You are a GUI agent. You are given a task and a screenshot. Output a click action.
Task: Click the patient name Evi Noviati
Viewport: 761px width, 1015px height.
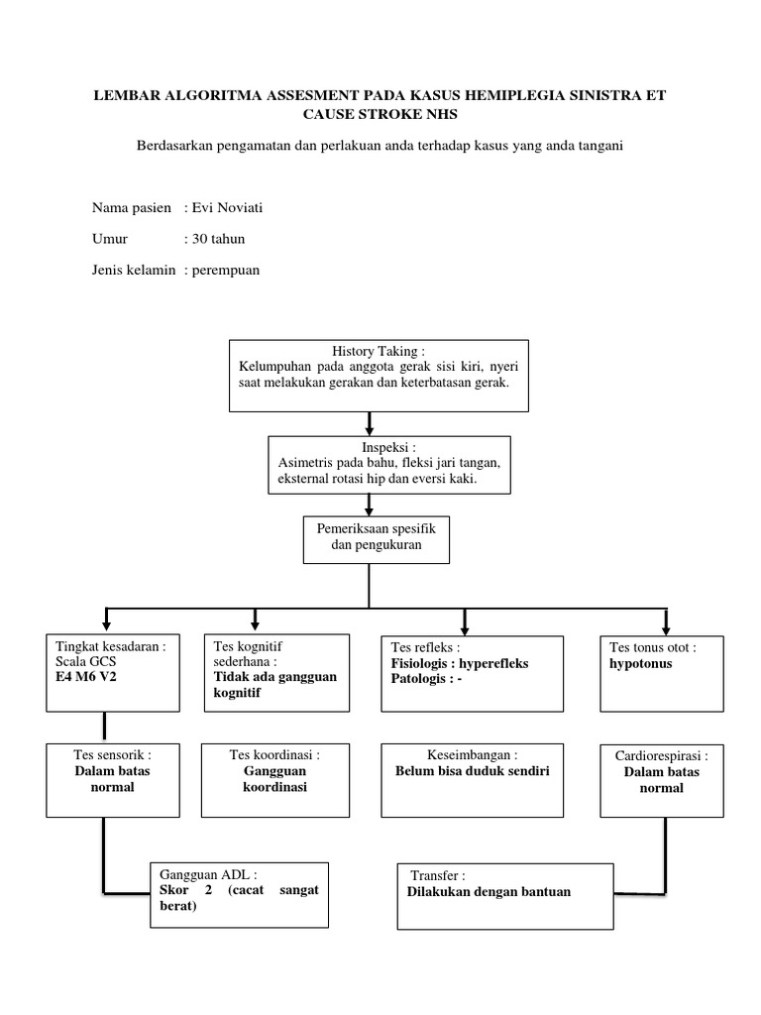(228, 207)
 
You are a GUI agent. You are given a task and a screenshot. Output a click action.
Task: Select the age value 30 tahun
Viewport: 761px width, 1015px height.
(218, 239)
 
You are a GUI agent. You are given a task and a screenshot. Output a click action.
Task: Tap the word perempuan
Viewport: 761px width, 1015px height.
(226, 270)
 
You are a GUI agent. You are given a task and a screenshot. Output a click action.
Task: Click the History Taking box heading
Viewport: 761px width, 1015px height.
(379, 351)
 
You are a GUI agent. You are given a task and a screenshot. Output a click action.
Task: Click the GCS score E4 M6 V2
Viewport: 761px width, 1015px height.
(93, 677)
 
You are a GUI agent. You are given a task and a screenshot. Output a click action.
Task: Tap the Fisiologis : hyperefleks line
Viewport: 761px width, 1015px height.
(460, 663)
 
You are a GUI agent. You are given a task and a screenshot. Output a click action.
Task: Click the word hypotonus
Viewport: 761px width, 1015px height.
(640, 663)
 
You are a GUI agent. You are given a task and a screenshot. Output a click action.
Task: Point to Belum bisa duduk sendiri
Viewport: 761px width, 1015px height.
(472, 770)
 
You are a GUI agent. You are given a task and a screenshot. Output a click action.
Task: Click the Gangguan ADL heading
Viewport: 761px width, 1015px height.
(208, 875)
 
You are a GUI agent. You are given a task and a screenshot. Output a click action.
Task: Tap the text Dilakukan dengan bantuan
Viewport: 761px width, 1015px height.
(489, 891)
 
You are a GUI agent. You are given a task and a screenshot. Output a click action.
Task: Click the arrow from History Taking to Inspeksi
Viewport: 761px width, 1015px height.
(370, 423)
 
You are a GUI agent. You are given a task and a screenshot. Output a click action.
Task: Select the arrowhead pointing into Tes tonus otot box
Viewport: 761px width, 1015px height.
(666, 627)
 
